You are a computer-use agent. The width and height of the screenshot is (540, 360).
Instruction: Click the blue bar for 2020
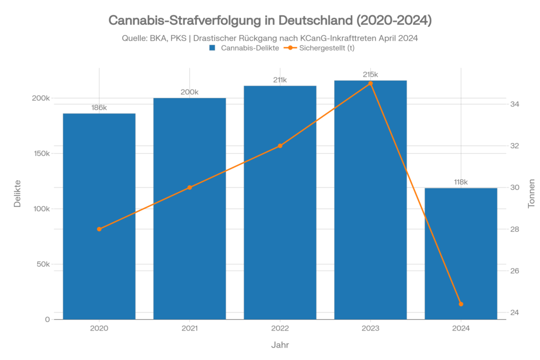click(99, 216)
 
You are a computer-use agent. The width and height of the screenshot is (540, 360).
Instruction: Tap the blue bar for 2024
click(461, 253)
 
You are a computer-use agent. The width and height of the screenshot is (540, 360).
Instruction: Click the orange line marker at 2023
click(370, 83)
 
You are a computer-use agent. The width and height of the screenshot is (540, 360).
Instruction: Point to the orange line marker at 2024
click(461, 304)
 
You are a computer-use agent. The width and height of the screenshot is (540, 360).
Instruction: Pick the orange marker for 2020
click(99, 229)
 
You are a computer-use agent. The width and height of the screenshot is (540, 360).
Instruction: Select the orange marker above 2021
click(190, 187)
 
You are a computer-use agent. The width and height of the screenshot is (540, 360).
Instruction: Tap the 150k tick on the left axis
click(41, 153)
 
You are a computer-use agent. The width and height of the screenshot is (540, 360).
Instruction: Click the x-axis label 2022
click(280, 328)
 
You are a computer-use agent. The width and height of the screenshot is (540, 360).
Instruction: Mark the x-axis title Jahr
click(280, 345)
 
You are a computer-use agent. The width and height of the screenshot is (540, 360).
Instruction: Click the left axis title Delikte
click(17, 193)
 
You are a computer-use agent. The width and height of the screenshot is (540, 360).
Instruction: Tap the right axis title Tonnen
click(532, 193)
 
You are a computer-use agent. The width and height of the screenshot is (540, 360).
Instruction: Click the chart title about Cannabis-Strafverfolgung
click(270, 21)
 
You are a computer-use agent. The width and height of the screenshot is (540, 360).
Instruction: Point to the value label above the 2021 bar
click(190, 92)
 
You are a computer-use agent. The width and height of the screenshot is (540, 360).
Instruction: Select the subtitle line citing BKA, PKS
click(270, 38)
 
